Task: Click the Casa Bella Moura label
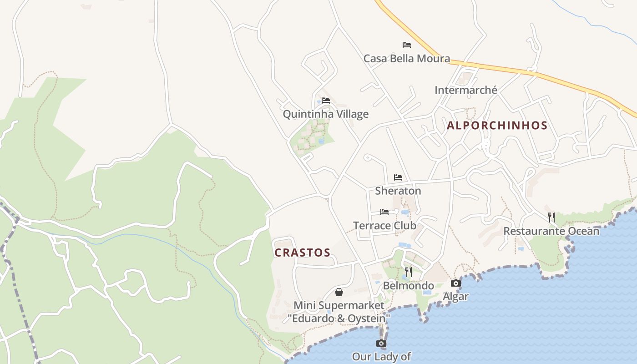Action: point(406,58)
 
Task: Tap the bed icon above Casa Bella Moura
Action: point(407,45)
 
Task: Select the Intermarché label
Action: point(466,90)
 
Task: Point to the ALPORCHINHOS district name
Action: point(497,126)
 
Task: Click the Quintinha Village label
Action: point(325,114)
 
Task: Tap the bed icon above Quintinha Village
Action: point(326,100)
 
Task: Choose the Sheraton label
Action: point(398,191)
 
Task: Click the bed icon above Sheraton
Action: point(398,177)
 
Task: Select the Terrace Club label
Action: point(384,225)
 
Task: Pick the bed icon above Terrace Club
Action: point(384,212)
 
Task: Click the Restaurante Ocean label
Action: point(551,231)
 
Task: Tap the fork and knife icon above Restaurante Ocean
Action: point(551,217)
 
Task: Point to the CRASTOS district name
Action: point(302,253)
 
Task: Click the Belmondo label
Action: point(408,286)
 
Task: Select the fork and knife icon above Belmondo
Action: point(409,272)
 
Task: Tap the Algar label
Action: point(455,297)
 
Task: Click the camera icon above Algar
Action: point(455,283)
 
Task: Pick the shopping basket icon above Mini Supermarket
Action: point(339,292)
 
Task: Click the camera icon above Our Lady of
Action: point(381,343)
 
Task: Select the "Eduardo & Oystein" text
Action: point(339,318)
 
